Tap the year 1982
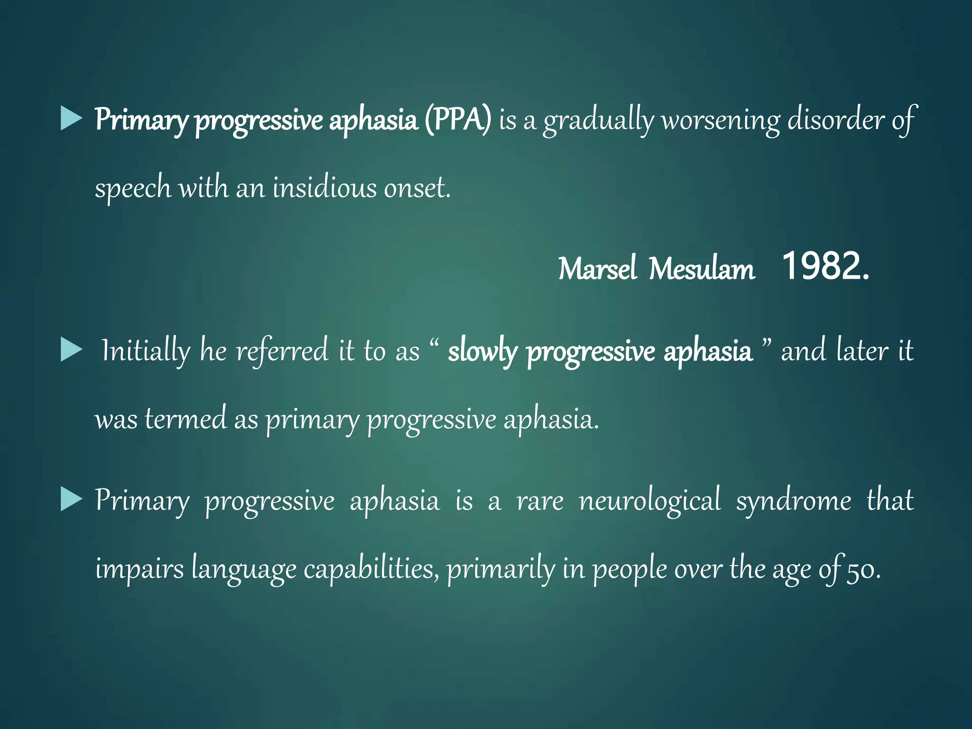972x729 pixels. pos(825,267)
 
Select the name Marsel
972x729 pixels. pos(597,269)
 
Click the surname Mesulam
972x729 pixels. pos(701,269)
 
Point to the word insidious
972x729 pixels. pos(325,187)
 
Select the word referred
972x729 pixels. pos(282,351)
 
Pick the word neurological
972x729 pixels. pos(650,501)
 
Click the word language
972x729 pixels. pos(244,570)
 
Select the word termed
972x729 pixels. pos(186,419)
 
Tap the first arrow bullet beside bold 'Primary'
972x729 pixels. pos(72,119)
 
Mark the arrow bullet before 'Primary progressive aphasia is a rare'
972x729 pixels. pos(72,500)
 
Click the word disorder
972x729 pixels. pos(836,120)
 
